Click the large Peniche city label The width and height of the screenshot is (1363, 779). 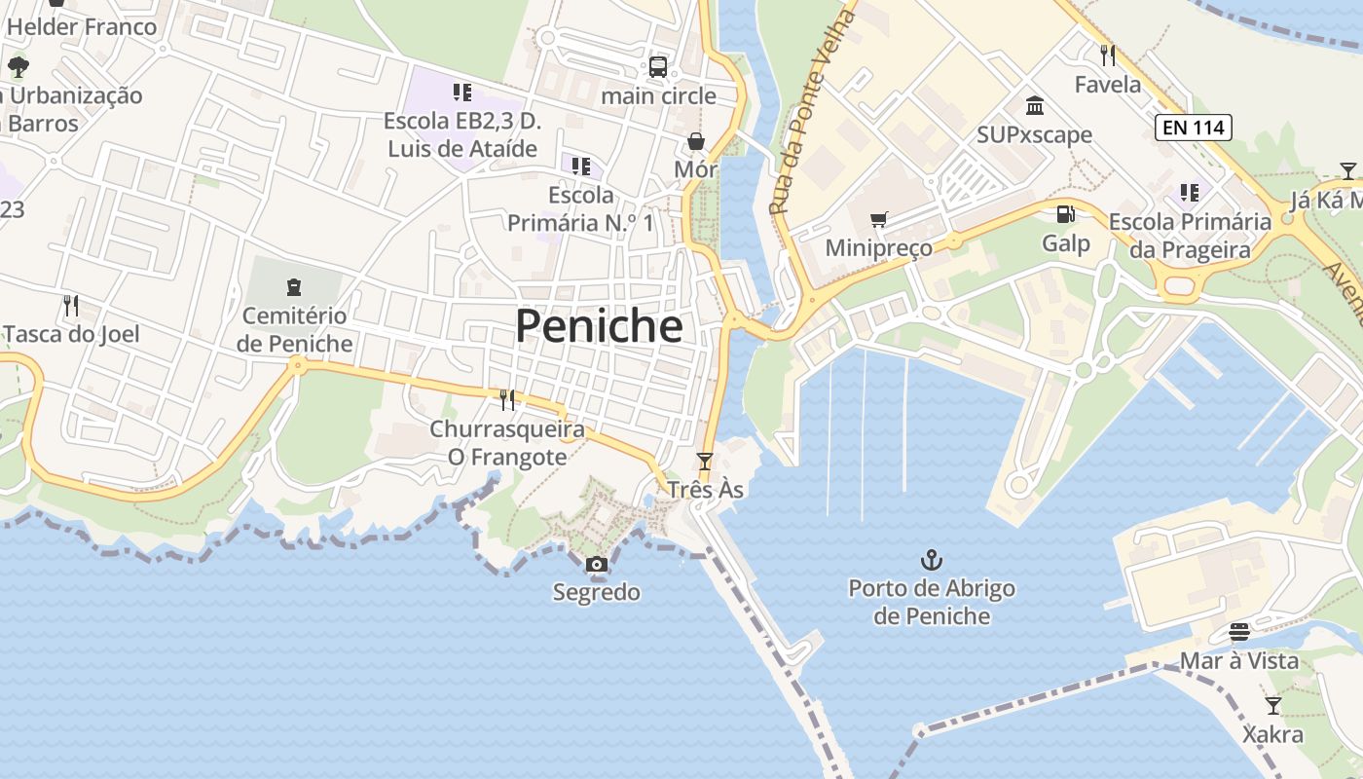coord(599,326)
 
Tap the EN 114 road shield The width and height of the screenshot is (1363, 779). coord(1194,127)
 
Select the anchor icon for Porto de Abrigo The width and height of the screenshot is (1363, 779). coord(932,560)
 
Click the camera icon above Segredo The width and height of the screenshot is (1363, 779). coord(596,564)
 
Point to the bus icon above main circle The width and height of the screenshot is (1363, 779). coord(658,67)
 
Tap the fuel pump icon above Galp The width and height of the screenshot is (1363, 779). coord(1066,213)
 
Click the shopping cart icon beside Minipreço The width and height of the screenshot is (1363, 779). coord(879,220)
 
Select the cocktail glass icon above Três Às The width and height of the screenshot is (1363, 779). coord(705,461)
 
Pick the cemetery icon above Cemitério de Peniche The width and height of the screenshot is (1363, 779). coord(294,287)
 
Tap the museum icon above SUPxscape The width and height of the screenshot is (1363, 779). coord(1035,105)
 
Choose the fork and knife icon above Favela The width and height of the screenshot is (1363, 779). coord(1107,55)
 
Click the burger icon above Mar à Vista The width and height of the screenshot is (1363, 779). coord(1238,632)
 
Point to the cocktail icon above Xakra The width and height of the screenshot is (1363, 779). coord(1272,705)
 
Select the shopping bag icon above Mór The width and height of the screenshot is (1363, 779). coord(696,141)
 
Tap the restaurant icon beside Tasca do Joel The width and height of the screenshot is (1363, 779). coord(70,306)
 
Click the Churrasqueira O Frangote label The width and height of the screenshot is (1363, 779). coord(507,443)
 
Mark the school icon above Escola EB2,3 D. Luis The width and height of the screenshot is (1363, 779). coord(461,93)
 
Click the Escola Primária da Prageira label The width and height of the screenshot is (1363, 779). coord(1190,236)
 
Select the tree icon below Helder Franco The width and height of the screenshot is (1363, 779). coord(18,67)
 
